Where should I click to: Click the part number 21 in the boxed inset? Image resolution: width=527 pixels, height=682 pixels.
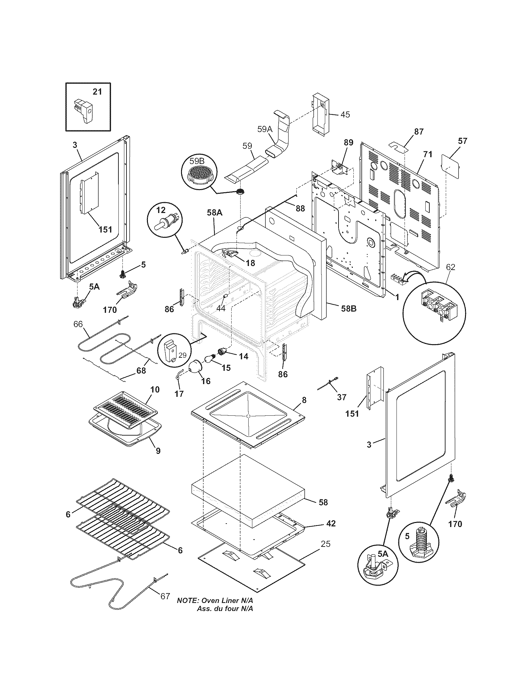tap(97, 92)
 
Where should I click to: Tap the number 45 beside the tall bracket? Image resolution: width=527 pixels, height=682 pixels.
tap(345, 115)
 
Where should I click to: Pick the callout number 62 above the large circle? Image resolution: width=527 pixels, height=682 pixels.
tap(450, 267)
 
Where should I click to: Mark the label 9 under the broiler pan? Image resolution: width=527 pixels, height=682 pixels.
tap(158, 451)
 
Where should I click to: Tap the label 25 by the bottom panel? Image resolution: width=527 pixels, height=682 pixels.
tap(325, 544)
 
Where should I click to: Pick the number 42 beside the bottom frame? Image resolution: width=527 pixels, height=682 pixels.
tap(331, 523)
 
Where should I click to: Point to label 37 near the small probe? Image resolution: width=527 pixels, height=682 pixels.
tap(342, 397)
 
